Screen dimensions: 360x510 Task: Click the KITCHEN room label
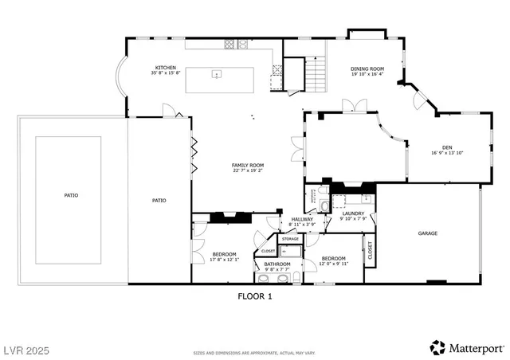pyautogui.click(x=165, y=68)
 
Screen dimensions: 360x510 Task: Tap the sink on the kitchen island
pyautogui.click(x=216, y=75)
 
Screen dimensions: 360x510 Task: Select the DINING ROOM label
pyautogui.click(x=367, y=68)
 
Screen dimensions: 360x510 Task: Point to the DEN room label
pyautogui.click(x=447, y=147)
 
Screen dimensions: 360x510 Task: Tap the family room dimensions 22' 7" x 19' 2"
pyautogui.click(x=248, y=170)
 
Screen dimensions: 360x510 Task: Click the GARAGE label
pyautogui.click(x=428, y=233)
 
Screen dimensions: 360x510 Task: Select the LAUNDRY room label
pyautogui.click(x=353, y=213)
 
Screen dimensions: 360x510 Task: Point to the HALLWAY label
pyautogui.click(x=302, y=219)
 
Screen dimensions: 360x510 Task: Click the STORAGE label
pyautogui.click(x=290, y=239)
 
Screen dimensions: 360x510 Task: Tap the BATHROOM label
pyautogui.click(x=277, y=264)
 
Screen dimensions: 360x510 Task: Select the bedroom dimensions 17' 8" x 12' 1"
pyautogui.click(x=224, y=260)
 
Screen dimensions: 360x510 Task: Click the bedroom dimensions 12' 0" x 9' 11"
pyautogui.click(x=333, y=264)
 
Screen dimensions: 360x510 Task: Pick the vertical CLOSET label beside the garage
pyautogui.click(x=370, y=250)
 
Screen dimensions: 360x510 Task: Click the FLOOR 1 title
pyautogui.click(x=255, y=295)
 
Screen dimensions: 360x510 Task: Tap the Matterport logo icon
pyautogui.click(x=438, y=347)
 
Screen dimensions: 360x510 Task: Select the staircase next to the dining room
pyautogui.click(x=316, y=76)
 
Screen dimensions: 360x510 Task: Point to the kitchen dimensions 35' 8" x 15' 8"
pyautogui.click(x=165, y=73)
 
